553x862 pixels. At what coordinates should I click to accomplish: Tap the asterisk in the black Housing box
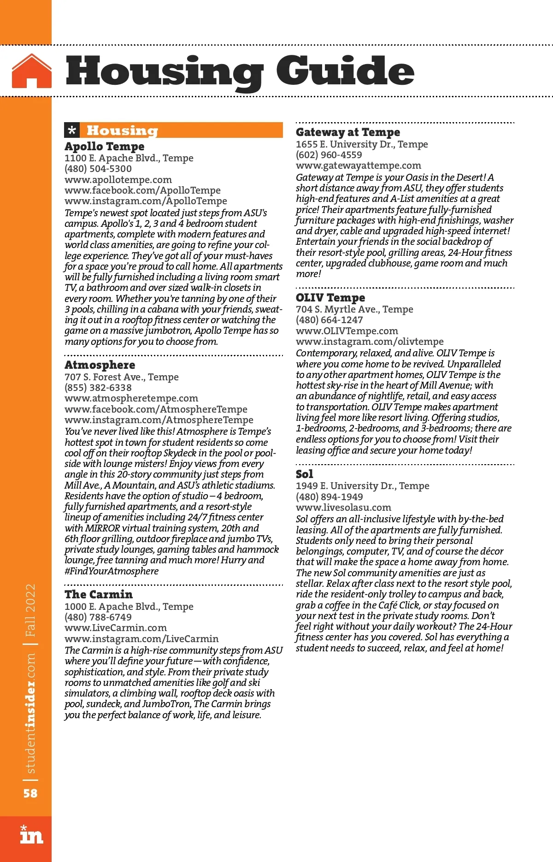(x=72, y=130)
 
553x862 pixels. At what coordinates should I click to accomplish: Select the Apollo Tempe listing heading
(x=104, y=147)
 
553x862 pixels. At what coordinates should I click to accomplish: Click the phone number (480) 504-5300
(x=98, y=169)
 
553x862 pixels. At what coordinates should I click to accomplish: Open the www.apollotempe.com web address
(x=118, y=180)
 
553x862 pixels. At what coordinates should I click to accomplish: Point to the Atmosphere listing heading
(x=100, y=365)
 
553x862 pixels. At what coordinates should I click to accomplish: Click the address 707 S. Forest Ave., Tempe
(x=121, y=377)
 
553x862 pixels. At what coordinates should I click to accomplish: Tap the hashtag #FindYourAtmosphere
(x=112, y=571)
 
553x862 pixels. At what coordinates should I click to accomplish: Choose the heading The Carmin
(x=98, y=595)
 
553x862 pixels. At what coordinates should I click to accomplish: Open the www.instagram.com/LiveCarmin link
(x=141, y=639)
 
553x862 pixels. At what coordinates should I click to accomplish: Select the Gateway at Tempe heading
(x=348, y=132)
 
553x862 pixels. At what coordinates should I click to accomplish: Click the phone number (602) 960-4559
(x=329, y=155)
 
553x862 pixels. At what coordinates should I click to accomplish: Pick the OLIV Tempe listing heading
(x=330, y=298)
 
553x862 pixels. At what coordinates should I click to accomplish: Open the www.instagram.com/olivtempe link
(x=370, y=342)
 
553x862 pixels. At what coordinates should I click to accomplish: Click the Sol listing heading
(x=304, y=474)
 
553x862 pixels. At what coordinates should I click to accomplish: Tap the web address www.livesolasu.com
(x=343, y=508)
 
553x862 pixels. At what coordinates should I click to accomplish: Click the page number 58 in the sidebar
(x=30, y=793)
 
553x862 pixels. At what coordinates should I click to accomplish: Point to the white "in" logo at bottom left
(x=31, y=835)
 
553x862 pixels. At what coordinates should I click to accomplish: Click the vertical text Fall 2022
(x=30, y=610)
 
